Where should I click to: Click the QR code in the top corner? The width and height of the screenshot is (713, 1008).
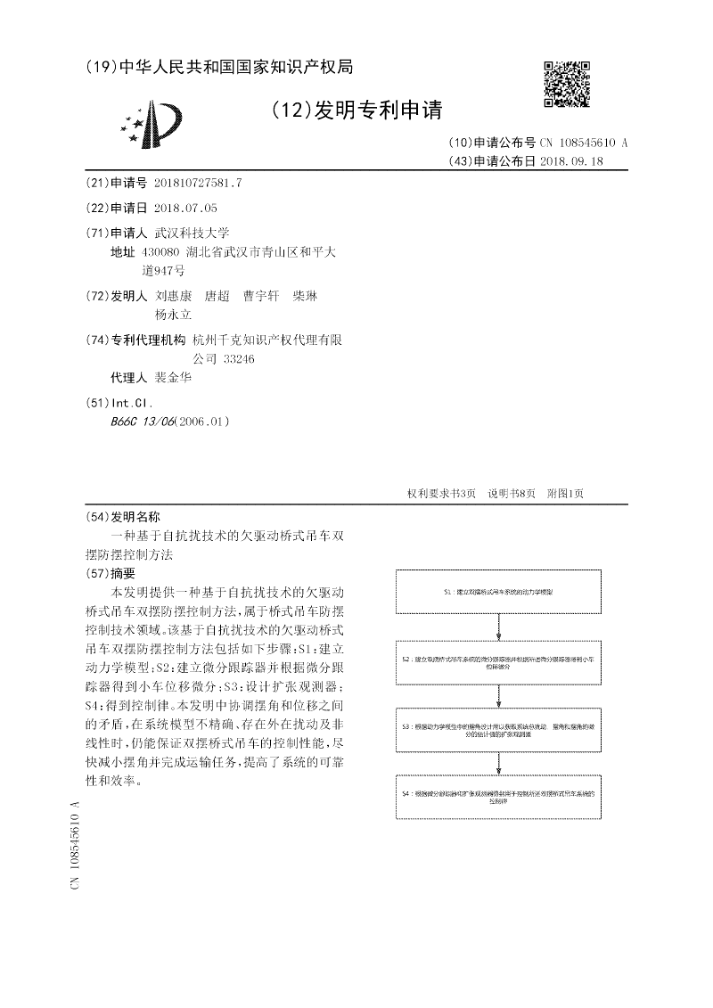tap(568, 83)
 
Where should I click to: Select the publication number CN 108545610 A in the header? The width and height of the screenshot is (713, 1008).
tap(583, 143)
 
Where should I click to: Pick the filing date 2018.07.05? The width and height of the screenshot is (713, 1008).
tap(185, 208)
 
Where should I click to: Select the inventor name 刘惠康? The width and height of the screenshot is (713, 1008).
tap(174, 296)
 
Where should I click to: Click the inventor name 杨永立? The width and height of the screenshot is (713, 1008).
tap(174, 315)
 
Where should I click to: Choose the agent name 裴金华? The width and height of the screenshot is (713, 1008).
tap(174, 377)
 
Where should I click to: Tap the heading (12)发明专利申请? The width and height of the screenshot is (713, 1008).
tap(356, 110)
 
